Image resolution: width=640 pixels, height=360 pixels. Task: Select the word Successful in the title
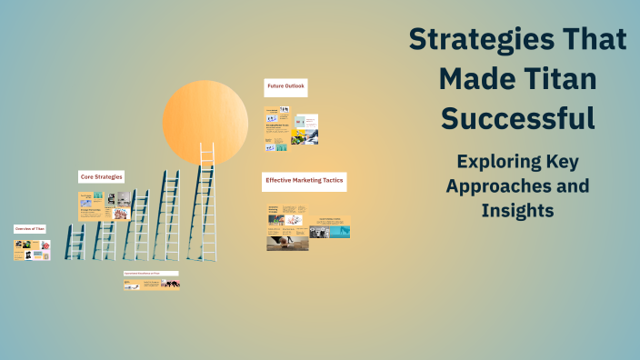click(517, 118)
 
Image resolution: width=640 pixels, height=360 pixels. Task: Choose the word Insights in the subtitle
click(517, 210)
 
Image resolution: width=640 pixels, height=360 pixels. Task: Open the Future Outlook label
click(285, 87)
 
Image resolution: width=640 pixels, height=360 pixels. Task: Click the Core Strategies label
click(101, 176)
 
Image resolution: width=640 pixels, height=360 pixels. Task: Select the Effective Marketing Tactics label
click(304, 180)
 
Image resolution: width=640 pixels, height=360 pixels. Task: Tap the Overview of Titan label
click(29, 229)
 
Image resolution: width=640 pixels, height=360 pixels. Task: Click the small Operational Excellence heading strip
click(151, 274)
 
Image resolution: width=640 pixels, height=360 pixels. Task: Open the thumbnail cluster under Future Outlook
click(291, 129)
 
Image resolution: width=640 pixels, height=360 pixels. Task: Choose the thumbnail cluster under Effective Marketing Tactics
click(307, 226)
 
